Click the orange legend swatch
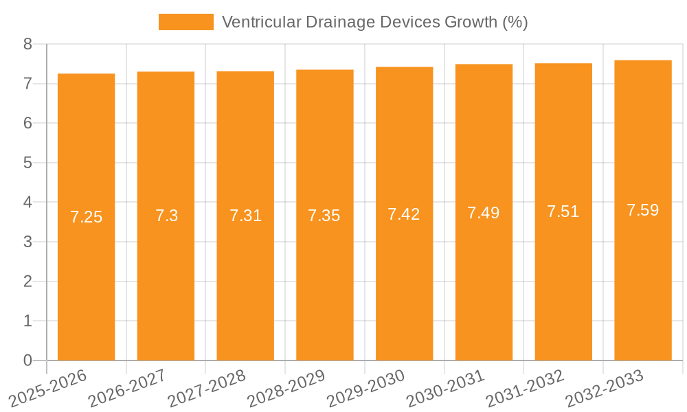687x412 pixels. [185, 22]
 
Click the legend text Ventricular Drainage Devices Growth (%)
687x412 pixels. [374, 22]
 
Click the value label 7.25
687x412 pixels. [86, 217]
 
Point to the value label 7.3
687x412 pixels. [166, 216]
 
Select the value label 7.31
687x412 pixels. [245, 216]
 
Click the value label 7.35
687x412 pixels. [324, 216]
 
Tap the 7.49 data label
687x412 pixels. [484, 213]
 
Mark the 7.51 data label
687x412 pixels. [563, 211]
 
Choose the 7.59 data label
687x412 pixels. [643, 210]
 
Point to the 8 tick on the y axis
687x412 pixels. [27, 44]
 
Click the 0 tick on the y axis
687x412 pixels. [27, 360]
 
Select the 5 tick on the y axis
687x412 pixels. [27, 163]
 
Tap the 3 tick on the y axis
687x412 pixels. [27, 242]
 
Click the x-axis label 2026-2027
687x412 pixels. [128, 389]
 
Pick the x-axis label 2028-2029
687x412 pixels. [286, 389]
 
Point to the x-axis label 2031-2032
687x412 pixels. [526, 389]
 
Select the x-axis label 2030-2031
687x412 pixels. [446, 389]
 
